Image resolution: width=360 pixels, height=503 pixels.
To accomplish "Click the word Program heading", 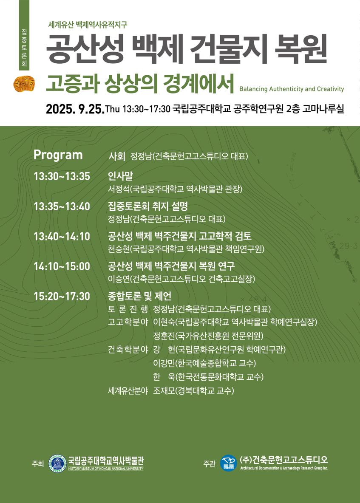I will [58, 155].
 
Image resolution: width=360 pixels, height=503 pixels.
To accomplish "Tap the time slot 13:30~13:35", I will [62, 177].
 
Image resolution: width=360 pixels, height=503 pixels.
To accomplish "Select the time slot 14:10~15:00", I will [62, 266].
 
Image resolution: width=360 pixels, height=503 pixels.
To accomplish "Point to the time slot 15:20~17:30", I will [62, 297].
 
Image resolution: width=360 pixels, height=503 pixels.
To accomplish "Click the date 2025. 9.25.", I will [75, 109].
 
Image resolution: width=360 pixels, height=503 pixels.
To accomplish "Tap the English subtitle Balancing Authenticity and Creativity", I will [292, 89].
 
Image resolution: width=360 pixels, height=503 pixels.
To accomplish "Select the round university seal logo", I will [57, 462].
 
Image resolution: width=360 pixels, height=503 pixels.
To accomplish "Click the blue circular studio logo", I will [228, 463].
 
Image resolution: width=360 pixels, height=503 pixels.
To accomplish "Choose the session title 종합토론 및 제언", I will [139, 297].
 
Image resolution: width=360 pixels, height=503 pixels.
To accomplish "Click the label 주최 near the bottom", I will [37, 463].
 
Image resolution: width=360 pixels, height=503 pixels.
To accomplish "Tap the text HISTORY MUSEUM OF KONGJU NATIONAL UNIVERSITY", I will [105, 469].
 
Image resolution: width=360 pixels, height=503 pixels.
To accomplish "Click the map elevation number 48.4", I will [257, 300].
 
